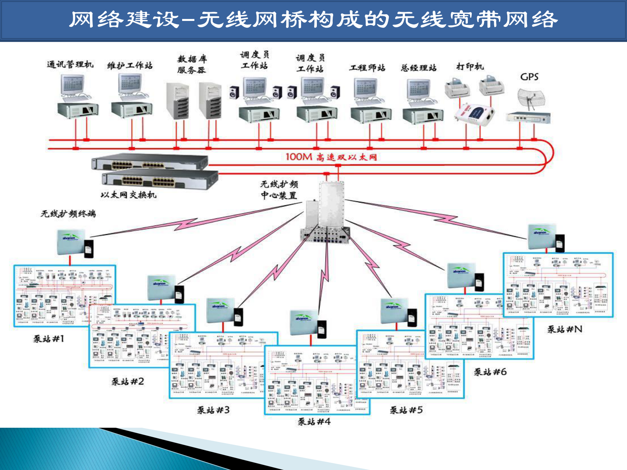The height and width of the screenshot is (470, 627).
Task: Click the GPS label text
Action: tap(529, 77)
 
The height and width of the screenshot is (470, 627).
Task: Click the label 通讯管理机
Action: tap(70, 64)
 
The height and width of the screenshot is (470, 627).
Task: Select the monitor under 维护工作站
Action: tap(130, 83)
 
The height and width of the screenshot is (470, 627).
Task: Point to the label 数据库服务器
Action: tap(192, 64)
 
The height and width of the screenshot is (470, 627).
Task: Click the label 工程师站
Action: tap(367, 68)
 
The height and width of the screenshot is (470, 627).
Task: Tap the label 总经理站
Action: tap(418, 68)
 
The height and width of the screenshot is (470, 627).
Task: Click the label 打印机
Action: tap(470, 66)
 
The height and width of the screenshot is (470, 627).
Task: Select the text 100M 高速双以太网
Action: tap(331, 157)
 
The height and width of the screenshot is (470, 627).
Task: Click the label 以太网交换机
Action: tap(128, 195)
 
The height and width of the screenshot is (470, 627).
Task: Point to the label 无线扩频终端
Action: tap(68, 214)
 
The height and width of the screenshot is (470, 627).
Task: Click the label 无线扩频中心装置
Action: tap(279, 190)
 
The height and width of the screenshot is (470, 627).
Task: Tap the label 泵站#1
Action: tap(48, 338)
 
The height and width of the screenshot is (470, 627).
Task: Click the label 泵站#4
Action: tap(314, 422)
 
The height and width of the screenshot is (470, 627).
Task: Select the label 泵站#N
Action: tap(565, 329)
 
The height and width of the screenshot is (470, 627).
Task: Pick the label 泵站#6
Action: tap(490, 372)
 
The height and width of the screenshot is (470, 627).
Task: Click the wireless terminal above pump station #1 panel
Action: tap(72, 243)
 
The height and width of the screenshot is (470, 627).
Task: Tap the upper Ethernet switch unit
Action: tap(149, 162)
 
